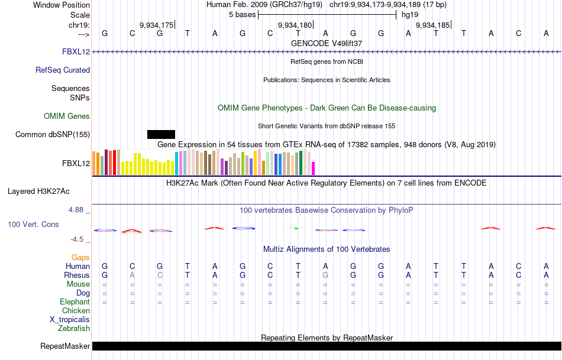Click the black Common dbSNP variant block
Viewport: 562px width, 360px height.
161,134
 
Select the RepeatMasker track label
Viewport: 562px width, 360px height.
65,346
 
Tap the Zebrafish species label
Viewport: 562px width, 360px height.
74,328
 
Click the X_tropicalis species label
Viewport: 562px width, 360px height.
70,319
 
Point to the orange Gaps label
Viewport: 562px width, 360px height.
80,257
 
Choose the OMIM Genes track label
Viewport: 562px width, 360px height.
67,116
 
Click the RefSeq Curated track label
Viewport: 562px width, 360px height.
63,70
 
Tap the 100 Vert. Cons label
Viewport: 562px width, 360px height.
33,225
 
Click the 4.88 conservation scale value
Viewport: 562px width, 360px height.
78,209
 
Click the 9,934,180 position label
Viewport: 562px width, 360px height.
295,25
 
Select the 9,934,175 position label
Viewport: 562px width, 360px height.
156,25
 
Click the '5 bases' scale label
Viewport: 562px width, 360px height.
242,14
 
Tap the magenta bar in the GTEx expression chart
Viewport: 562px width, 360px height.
314,168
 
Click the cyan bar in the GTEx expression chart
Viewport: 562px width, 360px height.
176,163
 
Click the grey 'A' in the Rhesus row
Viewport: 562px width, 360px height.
132,275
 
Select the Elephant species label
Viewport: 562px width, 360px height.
75,301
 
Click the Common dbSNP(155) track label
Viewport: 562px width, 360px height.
53,134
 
